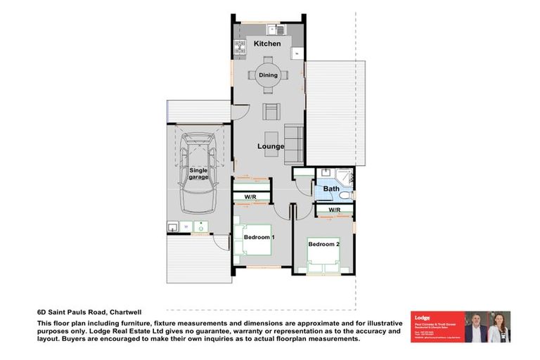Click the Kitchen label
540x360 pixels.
(x=267, y=44)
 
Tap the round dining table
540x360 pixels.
(x=269, y=75)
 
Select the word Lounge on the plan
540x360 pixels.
(x=270, y=146)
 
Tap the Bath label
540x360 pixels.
(x=331, y=188)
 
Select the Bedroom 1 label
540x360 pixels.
(x=259, y=238)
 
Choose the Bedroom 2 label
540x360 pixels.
(x=323, y=244)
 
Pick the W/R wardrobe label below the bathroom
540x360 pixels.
(x=334, y=210)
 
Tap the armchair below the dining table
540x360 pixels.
(x=271, y=111)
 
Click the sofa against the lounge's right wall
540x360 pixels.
(x=294, y=143)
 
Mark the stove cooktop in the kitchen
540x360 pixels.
(x=239, y=49)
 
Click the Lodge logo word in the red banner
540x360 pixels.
(x=422, y=318)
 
